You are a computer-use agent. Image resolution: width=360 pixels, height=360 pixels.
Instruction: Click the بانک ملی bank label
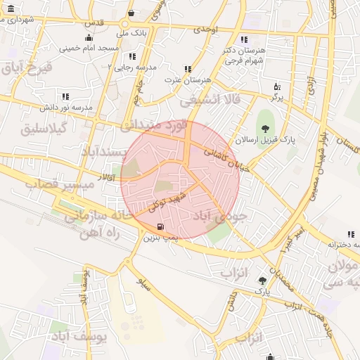113,32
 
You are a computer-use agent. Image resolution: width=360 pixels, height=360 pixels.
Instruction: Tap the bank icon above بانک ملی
131,13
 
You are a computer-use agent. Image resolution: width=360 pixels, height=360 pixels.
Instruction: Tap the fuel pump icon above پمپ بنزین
162,226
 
